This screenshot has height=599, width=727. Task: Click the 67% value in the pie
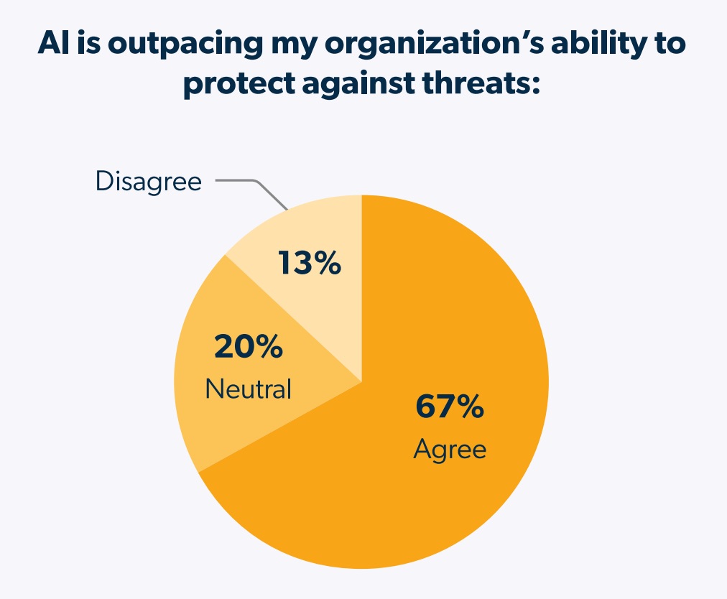click(x=450, y=407)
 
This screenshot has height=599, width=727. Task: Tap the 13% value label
click(x=309, y=264)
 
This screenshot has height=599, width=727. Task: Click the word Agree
click(x=450, y=450)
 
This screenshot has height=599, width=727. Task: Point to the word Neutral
click(x=249, y=389)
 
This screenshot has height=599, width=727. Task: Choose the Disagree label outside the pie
click(x=149, y=181)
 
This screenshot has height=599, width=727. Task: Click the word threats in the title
click(x=478, y=85)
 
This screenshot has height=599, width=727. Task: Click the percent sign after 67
click(x=470, y=407)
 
